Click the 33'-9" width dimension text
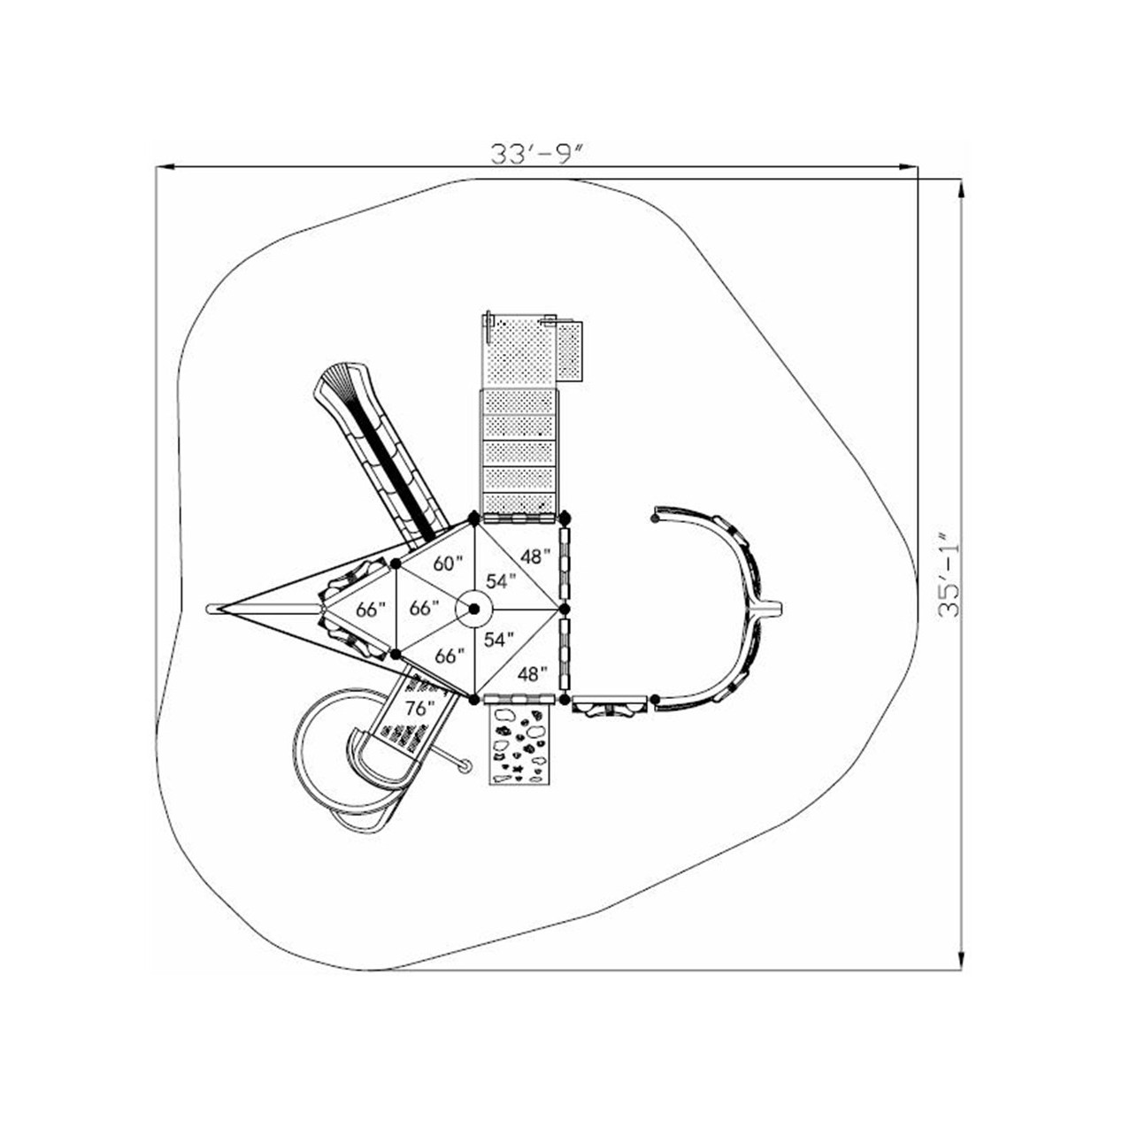[x=538, y=154]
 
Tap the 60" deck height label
[x=449, y=563]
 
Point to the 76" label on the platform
[x=420, y=709]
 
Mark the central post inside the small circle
[x=473, y=609]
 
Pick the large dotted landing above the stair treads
[x=519, y=352]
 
